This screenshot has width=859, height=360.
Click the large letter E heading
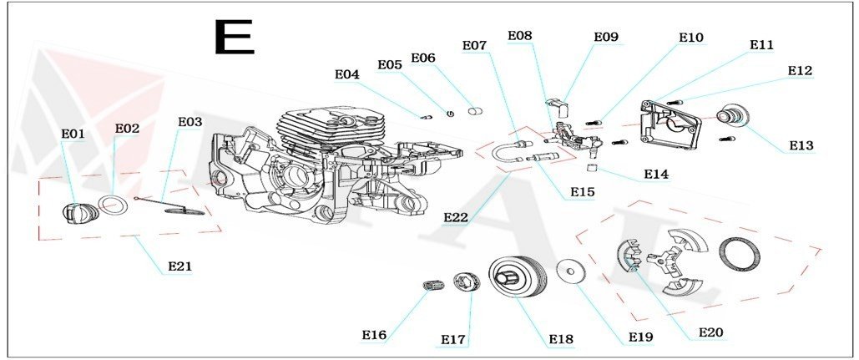point(233,37)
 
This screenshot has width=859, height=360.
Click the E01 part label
point(73,134)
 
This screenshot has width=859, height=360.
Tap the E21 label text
point(180,266)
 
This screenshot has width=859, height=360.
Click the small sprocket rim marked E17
point(463,282)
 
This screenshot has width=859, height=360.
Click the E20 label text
point(710,332)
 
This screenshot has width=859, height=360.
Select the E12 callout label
point(800,71)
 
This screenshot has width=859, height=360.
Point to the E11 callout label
point(761,45)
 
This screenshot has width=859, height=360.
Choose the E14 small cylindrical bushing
point(591,170)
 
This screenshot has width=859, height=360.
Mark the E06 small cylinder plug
point(477,109)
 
